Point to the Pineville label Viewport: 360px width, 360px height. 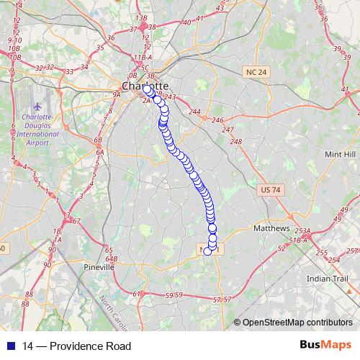click(x=99, y=266)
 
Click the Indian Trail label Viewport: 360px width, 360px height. click(x=328, y=278)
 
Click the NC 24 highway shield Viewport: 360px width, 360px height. click(x=256, y=72)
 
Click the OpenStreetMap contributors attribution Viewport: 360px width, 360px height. click(x=297, y=322)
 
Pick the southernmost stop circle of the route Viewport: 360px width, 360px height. click(x=208, y=251)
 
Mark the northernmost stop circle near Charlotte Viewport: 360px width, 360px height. click(x=147, y=89)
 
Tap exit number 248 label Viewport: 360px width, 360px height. click(x=236, y=141)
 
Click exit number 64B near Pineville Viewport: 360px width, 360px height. click(x=111, y=258)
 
